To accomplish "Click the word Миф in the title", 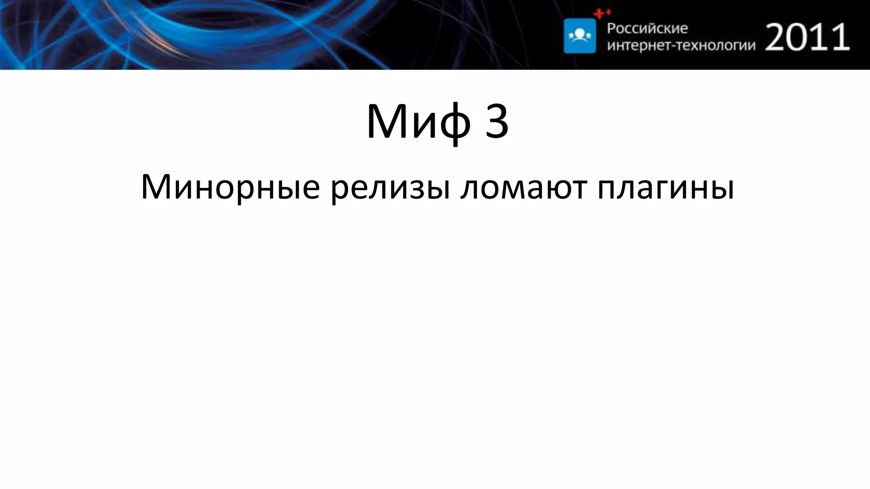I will point(418,122).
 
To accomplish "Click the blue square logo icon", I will point(579,36).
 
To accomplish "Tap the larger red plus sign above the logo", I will point(599,14).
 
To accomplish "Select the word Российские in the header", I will point(647,28).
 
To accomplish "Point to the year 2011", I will point(808,37).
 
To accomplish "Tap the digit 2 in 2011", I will point(777,37).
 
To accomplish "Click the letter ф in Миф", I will point(455,123).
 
